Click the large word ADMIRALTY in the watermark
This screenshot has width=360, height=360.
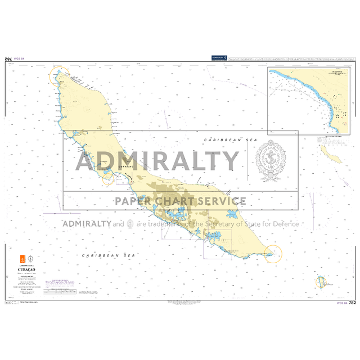point(157,161)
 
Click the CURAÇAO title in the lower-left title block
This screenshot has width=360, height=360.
point(28,269)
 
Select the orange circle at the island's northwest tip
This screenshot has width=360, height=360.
point(60,76)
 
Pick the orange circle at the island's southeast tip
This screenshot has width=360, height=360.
point(273,254)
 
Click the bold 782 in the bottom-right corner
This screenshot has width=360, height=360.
point(352,303)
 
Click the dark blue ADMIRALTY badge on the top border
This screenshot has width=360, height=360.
point(219,57)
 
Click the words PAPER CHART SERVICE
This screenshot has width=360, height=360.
point(180,201)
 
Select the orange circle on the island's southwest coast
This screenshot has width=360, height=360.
point(109,178)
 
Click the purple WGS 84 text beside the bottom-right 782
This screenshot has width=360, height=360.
point(340,303)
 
